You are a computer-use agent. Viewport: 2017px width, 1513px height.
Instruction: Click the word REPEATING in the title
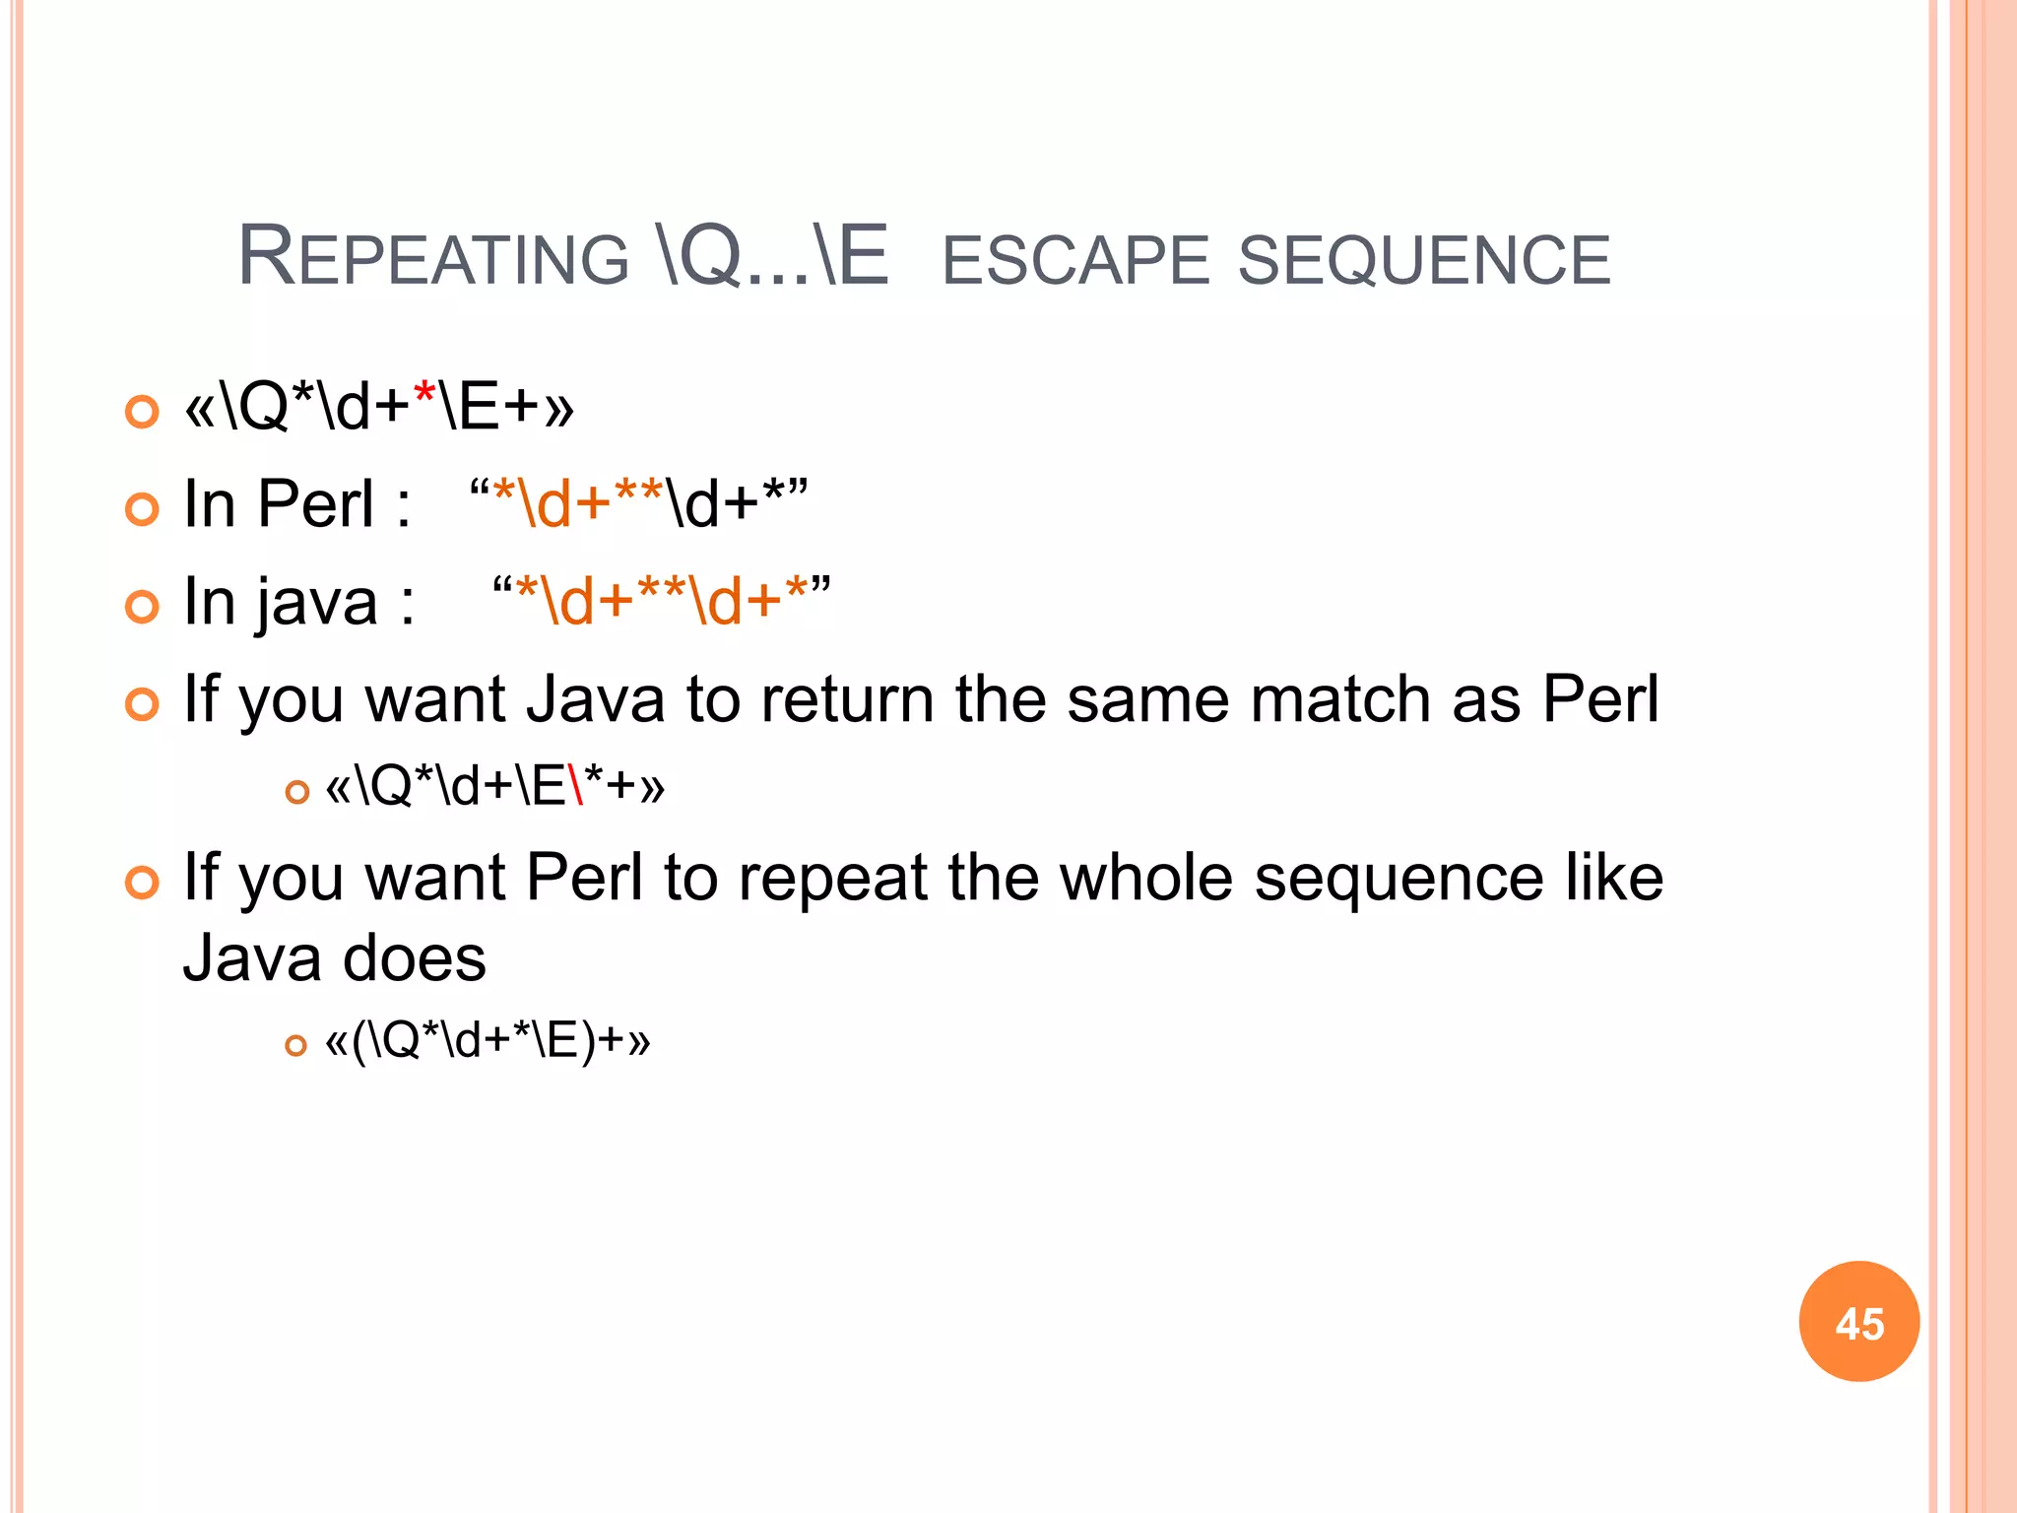tap(433, 258)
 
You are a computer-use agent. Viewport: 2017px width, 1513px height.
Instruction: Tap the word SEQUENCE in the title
tap(1424, 260)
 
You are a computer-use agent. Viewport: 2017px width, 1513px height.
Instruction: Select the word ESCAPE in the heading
tap(1075, 260)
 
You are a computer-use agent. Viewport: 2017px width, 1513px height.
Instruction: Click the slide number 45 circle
tap(1858, 1322)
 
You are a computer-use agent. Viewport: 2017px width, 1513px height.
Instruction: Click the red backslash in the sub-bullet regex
tap(576, 786)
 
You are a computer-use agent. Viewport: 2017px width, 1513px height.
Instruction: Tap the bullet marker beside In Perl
tap(143, 508)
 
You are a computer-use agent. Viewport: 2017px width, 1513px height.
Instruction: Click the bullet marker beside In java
tap(143, 606)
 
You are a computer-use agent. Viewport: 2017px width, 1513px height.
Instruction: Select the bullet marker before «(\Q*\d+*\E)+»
tap(295, 1045)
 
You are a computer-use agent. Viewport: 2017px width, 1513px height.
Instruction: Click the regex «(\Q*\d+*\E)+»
tap(488, 1041)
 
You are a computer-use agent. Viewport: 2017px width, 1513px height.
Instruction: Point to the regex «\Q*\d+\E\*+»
tap(495, 786)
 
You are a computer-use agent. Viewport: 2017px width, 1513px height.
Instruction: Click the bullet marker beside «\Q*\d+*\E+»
tap(143, 411)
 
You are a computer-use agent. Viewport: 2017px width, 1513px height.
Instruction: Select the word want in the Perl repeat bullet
tap(435, 879)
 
